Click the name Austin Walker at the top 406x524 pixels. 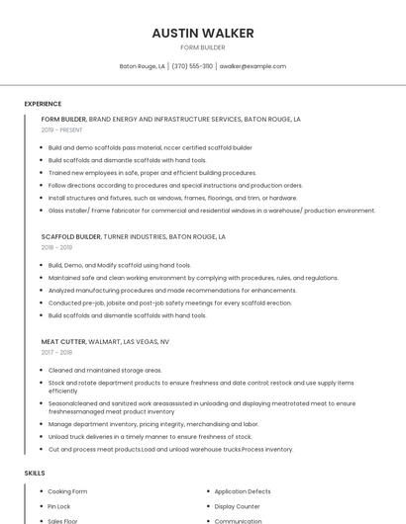[203, 33]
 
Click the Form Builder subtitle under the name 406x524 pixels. [203, 47]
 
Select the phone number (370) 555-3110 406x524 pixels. [192, 66]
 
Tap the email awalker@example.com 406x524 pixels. [253, 66]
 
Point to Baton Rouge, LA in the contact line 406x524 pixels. [143, 66]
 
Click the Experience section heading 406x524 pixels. [43, 104]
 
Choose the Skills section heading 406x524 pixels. [35, 473]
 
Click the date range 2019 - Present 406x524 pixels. [61, 130]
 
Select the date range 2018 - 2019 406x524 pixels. [56, 247]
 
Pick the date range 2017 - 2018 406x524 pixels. [56, 352]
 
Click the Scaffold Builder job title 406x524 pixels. [71, 237]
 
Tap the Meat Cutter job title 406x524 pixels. [64, 341]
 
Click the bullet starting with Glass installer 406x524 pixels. [212, 211]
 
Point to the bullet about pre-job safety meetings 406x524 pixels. [170, 303]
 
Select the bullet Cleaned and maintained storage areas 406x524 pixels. [105, 370]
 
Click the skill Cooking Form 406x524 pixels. [67, 491]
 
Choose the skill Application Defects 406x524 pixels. [243, 491]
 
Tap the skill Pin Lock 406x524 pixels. [59, 506]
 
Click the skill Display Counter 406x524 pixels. [237, 506]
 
